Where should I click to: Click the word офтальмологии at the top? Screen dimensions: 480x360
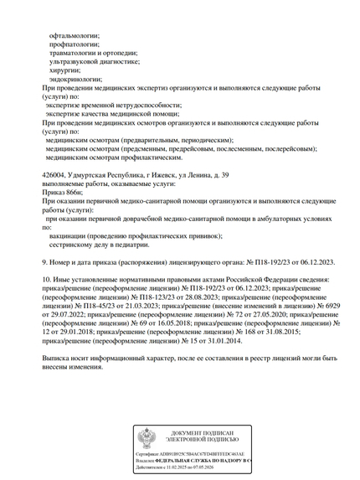point(75,34)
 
